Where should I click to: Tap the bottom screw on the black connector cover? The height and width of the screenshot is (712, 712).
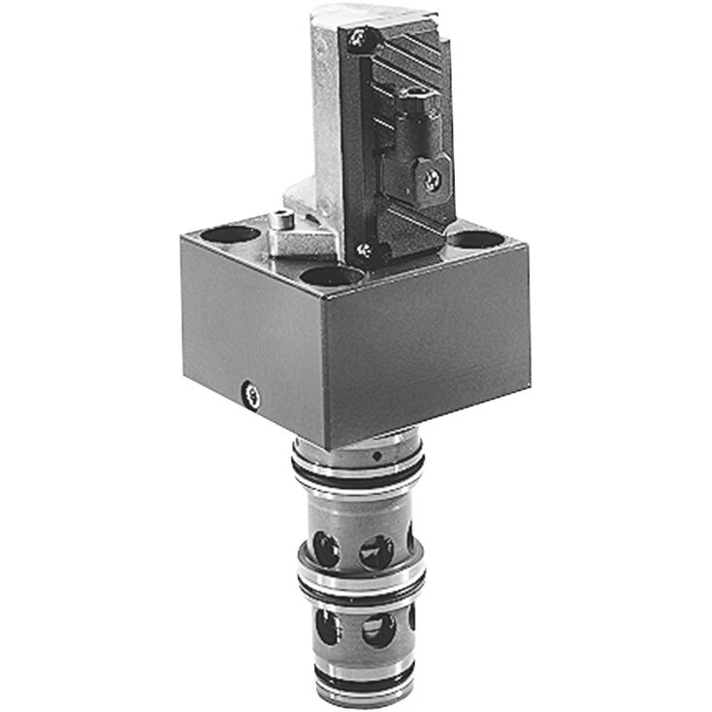point(365,250)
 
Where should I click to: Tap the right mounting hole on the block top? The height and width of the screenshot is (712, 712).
point(476,240)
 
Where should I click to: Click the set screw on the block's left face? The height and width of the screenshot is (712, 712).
point(251,392)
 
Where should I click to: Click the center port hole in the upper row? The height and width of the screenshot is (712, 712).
point(376,551)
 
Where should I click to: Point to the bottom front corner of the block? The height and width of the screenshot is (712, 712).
point(328,449)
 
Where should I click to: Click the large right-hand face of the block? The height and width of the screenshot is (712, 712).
point(427,349)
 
